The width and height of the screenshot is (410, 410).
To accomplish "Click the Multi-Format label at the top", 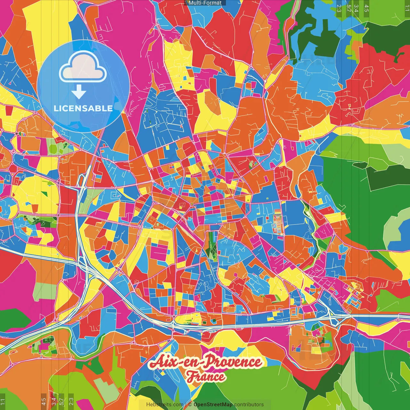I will pos(205,3).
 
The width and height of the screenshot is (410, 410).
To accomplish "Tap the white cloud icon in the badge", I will pos(83,68).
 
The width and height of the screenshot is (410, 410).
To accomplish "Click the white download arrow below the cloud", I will pos(79,92).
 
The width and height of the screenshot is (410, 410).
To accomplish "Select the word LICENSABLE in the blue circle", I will pos(83,108).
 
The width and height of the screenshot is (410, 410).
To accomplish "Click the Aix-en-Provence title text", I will pos(205,362).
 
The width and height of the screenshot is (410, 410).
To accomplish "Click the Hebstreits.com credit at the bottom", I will pos(165,405).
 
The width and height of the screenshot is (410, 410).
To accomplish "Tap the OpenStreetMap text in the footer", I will pos(213,405).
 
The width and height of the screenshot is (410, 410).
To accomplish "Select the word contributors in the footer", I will pos(249,405).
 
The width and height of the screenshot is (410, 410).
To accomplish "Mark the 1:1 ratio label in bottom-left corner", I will pos(3,402).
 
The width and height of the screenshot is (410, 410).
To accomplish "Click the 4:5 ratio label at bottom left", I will pos(44,402).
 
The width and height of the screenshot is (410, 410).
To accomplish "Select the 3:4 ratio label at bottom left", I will pos(53,402).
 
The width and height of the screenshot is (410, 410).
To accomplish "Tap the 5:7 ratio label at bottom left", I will pos(61,402).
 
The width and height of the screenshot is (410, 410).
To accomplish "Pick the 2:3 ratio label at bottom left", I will pos(71,402).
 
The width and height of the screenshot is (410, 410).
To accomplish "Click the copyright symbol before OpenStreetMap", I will pos(190,405).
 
